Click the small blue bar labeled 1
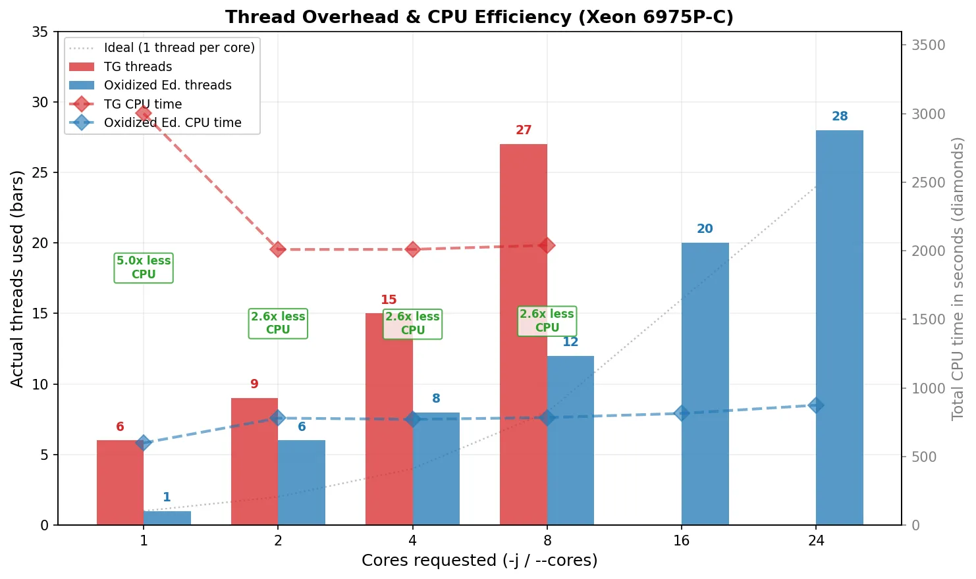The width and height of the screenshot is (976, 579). (167, 518)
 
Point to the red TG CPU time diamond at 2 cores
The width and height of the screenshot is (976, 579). (278, 249)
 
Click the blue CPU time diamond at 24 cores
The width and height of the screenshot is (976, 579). (816, 405)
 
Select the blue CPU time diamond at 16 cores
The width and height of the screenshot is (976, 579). (682, 413)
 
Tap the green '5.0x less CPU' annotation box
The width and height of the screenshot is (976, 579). (144, 268)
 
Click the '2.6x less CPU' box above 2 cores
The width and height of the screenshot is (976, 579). (278, 323)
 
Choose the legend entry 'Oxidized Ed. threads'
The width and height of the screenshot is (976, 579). (167, 86)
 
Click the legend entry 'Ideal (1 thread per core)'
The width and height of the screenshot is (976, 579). (178, 48)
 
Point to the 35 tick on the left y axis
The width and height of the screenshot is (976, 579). (40, 32)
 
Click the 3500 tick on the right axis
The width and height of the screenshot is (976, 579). (928, 45)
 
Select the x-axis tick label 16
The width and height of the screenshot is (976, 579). (682, 541)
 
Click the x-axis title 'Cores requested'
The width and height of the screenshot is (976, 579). (479, 561)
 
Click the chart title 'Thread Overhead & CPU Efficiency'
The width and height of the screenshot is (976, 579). (479, 17)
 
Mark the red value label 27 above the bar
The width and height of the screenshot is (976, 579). (524, 130)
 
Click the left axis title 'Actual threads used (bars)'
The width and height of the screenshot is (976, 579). (17, 278)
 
